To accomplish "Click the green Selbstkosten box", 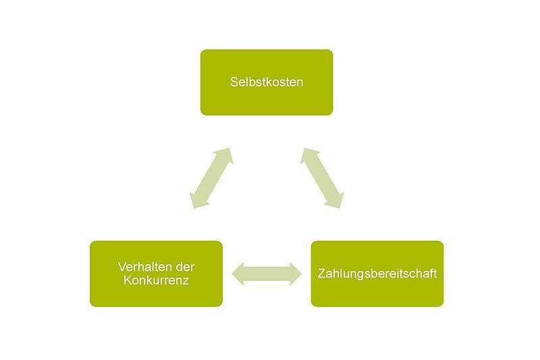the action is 267,82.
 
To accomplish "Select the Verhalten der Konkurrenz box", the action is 156,274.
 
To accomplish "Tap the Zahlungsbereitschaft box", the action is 377,274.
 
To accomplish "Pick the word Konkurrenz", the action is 156,280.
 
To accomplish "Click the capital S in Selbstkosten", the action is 234,82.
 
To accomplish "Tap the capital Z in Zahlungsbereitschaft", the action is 321,274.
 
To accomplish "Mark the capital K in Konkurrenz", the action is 128,280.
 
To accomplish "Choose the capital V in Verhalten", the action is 122,267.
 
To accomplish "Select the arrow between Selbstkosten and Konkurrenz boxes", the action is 211,178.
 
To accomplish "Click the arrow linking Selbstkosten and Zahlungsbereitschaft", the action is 322,178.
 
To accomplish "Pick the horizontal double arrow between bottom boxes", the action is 267,274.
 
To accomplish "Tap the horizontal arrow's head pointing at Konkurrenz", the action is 238,274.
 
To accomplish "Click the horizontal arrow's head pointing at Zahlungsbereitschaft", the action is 296,274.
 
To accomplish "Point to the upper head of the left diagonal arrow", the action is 225,155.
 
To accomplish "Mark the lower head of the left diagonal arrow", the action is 198,201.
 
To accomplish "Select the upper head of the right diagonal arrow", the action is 309,155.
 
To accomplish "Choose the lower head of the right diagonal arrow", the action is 335,201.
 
